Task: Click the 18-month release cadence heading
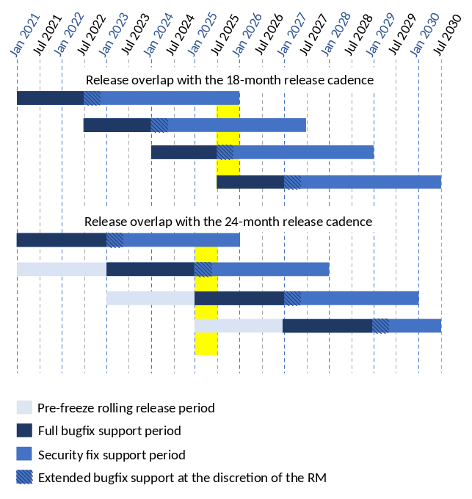coord(230,79)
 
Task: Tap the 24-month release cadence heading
coord(228,221)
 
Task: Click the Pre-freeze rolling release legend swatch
coord(25,407)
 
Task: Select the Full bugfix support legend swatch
coord(25,431)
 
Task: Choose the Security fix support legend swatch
coord(25,454)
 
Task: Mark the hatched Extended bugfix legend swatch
coord(25,478)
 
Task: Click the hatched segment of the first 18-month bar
coord(92,98)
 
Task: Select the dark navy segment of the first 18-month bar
coord(50,98)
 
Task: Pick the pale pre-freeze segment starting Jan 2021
coord(62,269)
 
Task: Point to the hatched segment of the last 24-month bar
coord(380,326)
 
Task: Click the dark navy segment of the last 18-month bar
coord(250,182)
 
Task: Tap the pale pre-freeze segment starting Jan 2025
coord(239,326)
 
